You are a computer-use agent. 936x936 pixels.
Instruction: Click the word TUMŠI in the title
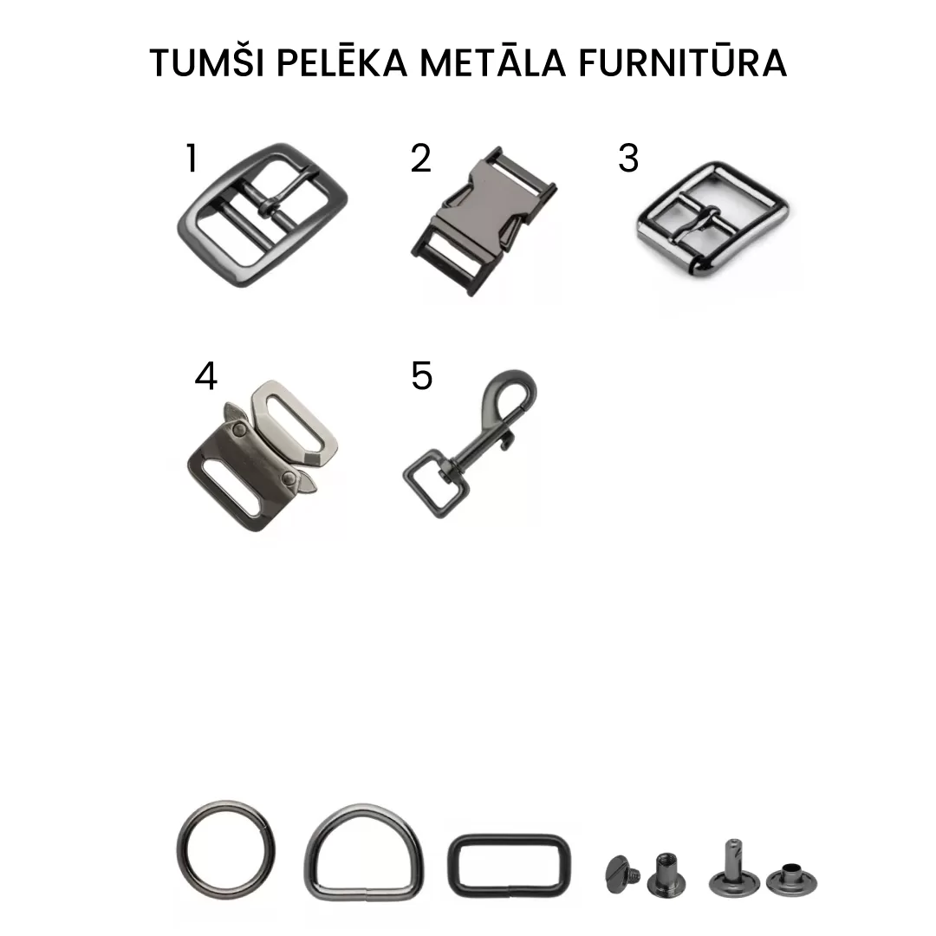click(207, 62)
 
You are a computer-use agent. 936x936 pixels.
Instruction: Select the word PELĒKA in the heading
click(342, 62)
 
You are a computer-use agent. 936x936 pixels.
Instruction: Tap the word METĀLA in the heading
click(493, 62)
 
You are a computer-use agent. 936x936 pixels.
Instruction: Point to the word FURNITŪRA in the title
click(683, 62)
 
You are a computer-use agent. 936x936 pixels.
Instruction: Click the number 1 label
click(192, 159)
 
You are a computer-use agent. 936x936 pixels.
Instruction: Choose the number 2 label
click(420, 159)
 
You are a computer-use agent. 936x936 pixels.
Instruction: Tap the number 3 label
click(628, 159)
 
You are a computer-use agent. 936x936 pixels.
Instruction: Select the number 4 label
click(206, 376)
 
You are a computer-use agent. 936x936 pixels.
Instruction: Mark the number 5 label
click(421, 376)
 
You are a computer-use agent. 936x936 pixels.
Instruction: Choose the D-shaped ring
click(364, 807)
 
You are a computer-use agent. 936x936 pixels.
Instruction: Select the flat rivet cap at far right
click(791, 880)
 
